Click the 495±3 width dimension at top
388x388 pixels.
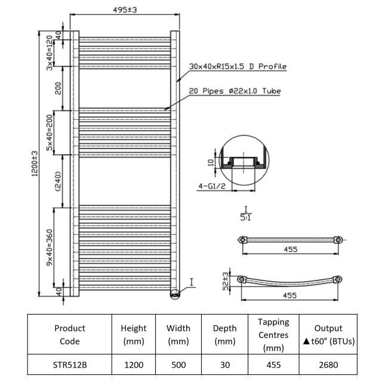(125, 10)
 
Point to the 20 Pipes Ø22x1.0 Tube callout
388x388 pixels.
(235, 91)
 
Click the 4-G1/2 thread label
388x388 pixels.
(211, 186)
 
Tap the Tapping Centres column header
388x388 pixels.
(273, 334)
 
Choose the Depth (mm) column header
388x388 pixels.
(224, 335)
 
